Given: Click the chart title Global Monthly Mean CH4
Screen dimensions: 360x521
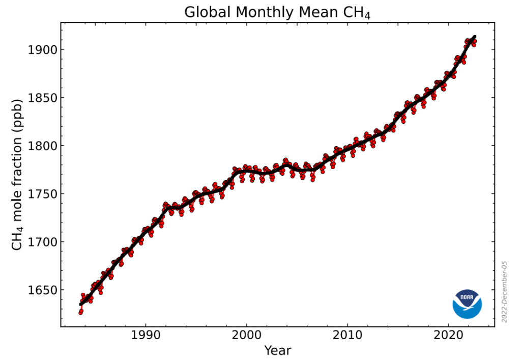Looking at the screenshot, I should (x=277, y=12).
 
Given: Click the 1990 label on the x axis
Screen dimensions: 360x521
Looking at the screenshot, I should (x=146, y=337).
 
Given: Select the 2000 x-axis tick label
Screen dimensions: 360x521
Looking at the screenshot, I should (x=246, y=337).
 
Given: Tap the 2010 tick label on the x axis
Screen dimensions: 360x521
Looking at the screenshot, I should (x=348, y=337).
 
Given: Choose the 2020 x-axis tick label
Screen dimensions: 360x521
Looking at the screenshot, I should (x=448, y=337).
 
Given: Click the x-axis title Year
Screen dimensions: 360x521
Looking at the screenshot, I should (x=277, y=350).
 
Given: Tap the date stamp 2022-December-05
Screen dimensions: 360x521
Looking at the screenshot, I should (x=505, y=291).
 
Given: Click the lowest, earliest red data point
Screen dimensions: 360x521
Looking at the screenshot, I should (x=80, y=312).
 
